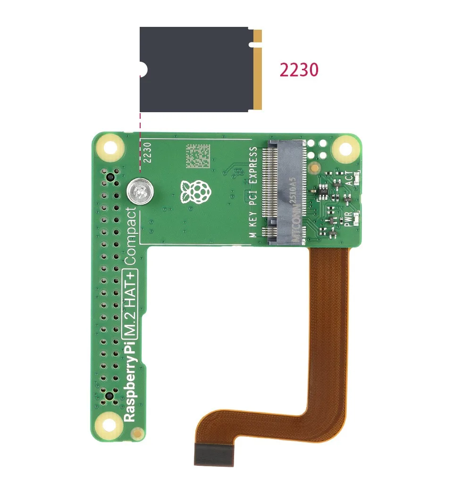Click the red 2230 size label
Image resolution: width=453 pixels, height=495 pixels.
point(299,70)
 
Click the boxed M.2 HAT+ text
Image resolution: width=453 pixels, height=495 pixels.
point(130,304)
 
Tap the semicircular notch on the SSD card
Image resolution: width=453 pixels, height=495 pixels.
point(143,70)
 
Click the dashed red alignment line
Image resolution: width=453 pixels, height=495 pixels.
point(140,141)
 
